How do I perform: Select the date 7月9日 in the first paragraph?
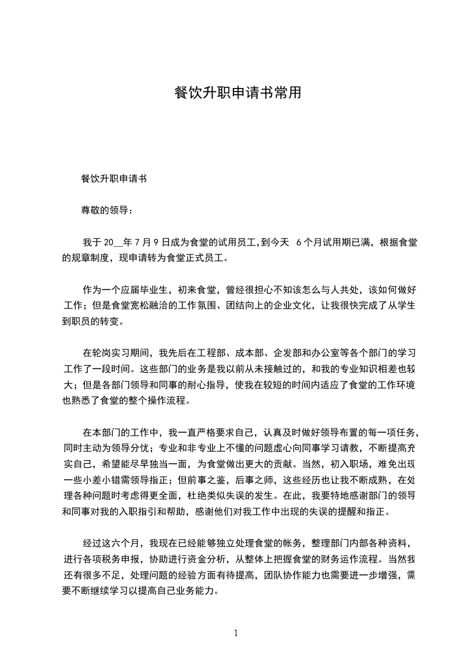151,243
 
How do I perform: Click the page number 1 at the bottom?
236,633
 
